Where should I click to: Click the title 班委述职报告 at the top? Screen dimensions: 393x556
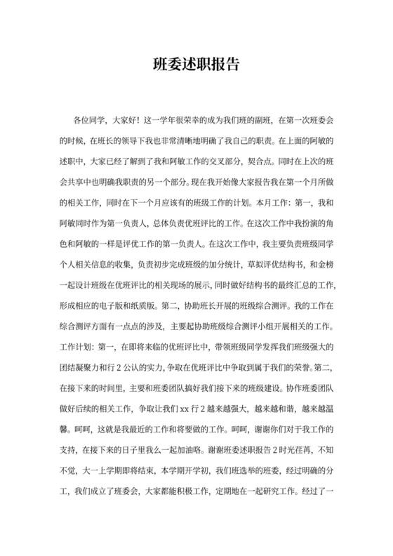pos(196,65)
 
